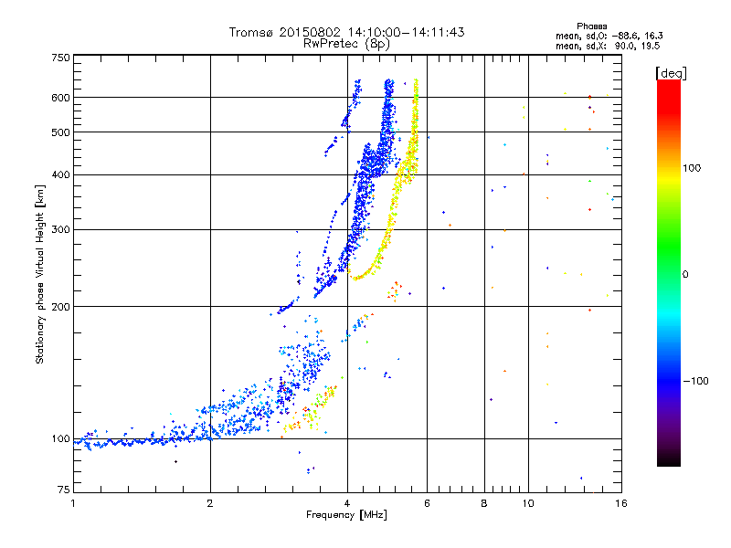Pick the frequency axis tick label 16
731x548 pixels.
(620, 503)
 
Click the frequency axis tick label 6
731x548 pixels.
(428, 503)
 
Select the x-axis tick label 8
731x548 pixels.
(484, 503)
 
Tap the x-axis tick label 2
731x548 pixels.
(210, 503)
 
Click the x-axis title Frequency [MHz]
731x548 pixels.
(346, 515)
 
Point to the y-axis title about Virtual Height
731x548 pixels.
(41, 274)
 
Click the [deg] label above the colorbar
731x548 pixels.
(671, 72)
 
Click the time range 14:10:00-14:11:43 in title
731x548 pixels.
(406, 32)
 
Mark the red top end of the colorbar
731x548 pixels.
(668, 84)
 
